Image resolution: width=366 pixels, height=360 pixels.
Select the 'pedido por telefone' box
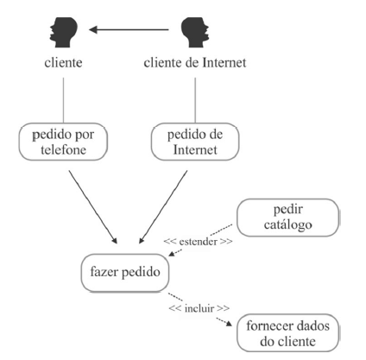pos(61,141)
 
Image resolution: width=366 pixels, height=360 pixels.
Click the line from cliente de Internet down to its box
pos(195,98)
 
